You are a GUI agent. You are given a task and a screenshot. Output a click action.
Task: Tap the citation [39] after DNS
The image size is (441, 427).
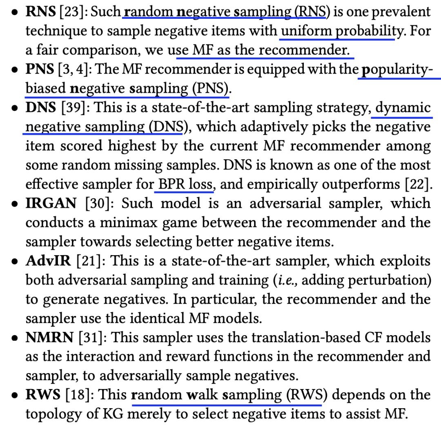(x=71, y=108)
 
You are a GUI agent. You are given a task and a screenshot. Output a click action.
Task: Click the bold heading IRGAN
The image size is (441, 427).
(x=51, y=203)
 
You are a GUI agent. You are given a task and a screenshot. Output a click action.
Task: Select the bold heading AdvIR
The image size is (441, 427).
(x=48, y=261)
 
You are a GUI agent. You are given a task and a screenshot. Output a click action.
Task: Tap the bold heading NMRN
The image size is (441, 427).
(x=49, y=338)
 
